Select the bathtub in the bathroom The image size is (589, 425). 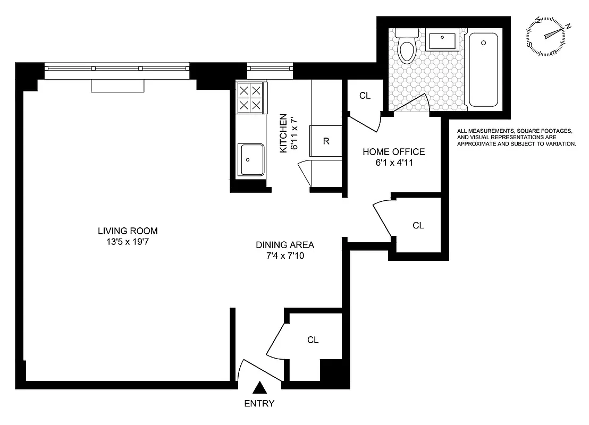(x=483, y=69)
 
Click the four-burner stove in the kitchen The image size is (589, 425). (x=250, y=98)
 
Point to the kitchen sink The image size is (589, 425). (x=251, y=159)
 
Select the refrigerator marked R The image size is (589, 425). (x=326, y=141)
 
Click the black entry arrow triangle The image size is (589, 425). (x=259, y=387)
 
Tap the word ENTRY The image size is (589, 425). (x=259, y=403)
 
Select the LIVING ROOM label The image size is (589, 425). (x=128, y=231)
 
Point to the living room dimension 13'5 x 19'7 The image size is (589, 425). (x=128, y=242)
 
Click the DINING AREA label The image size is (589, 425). (x=285, y=245)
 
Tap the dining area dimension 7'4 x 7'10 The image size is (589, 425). (x=285, y=256)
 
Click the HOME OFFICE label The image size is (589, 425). (x=394, y=152)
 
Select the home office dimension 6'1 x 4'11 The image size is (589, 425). (x=394, y=163)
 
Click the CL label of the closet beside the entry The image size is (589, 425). (x=313, y=340)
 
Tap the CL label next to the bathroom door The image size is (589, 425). (x=365, y=96)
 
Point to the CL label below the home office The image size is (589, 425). (x=418, y=225)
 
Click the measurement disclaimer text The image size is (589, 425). (x=516, y=137)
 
